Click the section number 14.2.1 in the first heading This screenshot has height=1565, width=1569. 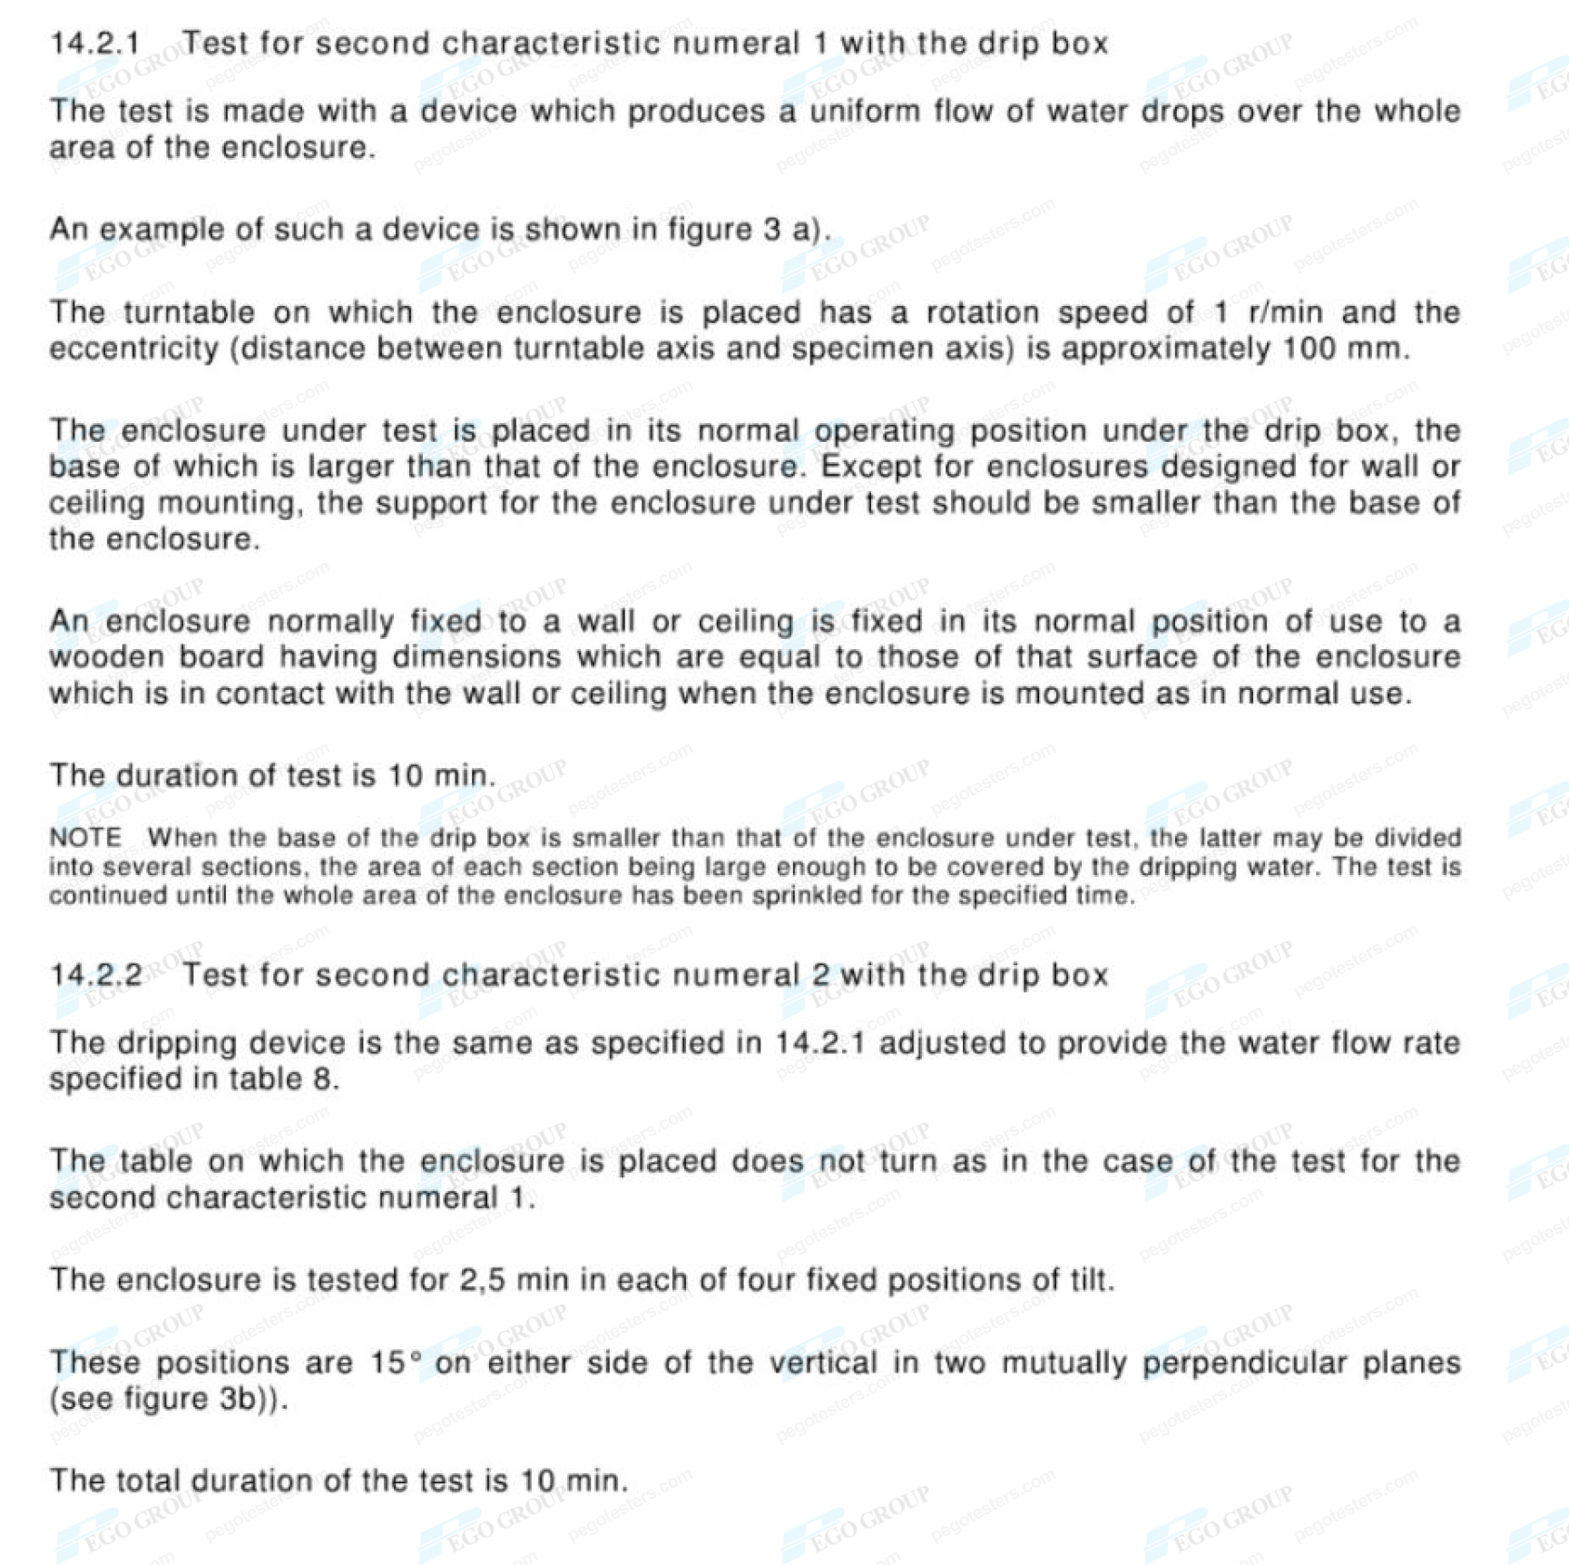tap(94, 43)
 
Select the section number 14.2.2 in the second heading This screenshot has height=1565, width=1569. tap(95, 975)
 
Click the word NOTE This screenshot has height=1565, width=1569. tap(84, 837)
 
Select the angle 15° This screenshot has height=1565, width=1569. tap(396, 1363)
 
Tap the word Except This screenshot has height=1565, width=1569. tap(872, 468)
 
